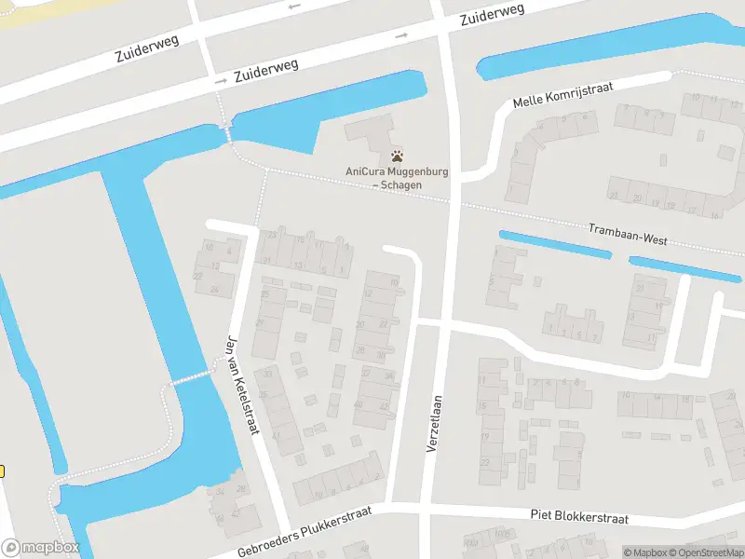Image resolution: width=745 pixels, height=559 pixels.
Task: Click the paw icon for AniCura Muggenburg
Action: click(398, 156)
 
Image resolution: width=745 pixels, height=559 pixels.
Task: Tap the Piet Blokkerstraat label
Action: click(579, 518)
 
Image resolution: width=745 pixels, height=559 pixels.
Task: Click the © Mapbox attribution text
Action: click(646, 552)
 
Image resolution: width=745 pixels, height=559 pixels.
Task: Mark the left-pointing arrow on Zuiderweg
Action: click(296, 7)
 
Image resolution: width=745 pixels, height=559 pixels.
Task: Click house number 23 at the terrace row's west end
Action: click(272, 236)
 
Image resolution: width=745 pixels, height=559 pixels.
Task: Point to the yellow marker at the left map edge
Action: click(2, 471)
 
